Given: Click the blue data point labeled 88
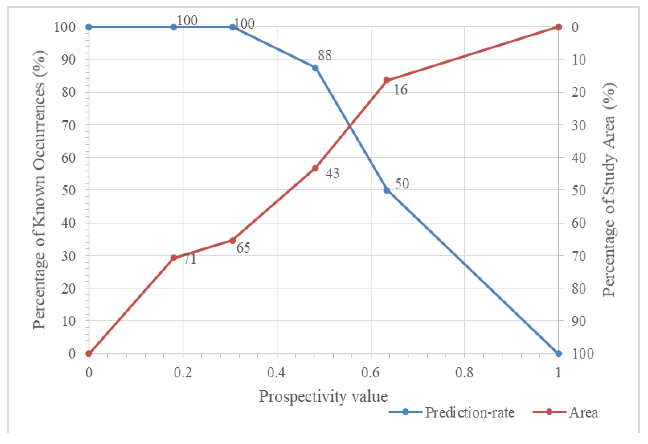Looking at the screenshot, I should pos(315,68).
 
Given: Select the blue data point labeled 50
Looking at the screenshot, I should pos(387,190).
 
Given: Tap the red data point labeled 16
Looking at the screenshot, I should pos(387,80).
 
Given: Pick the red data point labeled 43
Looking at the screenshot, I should pos(315,168).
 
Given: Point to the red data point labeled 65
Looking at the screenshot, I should pos(232,240).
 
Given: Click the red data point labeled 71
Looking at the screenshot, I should pos(174,258).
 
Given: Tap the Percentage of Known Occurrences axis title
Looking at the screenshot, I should pos(39,190).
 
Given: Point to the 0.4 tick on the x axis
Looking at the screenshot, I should pos(276,373).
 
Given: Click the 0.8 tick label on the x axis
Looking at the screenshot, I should pos(464,373).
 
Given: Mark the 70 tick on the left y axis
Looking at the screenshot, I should pos(69,125).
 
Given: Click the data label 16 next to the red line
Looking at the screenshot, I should pos(400,90).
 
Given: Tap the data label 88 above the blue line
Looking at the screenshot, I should pos(325,56).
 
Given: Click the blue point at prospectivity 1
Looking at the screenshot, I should pos(558,353).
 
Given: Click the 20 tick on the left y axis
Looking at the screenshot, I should pos(69,288).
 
